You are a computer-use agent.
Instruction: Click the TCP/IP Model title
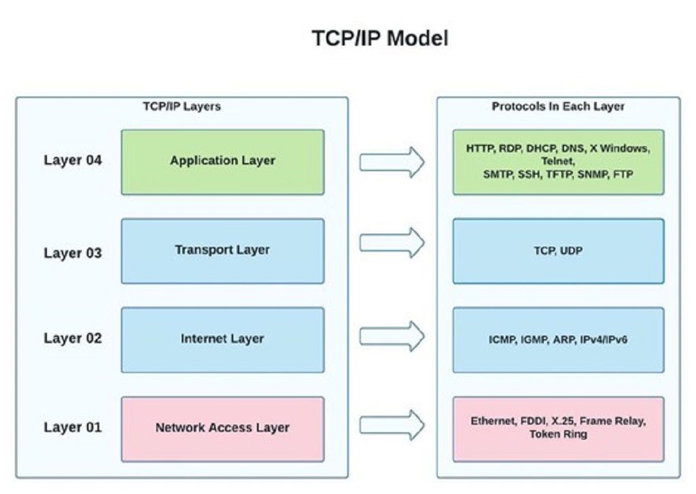380,38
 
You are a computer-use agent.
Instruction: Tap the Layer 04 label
73,160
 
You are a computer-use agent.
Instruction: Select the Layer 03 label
73,253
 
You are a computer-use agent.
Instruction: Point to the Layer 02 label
73,338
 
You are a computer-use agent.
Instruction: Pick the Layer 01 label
73,427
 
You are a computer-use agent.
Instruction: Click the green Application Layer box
223,162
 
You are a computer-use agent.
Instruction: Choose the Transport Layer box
223,251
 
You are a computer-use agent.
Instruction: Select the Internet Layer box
223,340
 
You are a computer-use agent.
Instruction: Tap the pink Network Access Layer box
223,429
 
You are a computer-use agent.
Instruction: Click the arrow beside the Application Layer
392,162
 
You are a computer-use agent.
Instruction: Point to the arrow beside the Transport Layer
392,243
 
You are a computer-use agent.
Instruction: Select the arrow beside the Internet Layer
392,336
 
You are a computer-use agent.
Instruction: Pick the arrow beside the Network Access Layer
392,425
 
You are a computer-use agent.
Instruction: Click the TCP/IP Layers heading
181,107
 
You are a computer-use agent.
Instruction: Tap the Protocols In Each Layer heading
558,107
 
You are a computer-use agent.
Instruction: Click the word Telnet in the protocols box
558,161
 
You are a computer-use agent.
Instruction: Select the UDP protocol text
571,251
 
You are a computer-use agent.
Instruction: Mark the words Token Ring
559,434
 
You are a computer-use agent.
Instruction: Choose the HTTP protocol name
480,148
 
